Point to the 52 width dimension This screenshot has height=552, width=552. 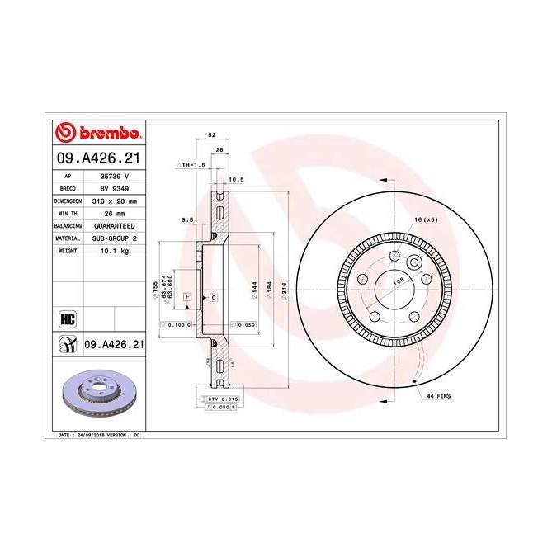click(x=212, y=134)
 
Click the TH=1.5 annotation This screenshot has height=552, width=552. click(x=193, y=165)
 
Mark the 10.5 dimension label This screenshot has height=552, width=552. click(x=236, y=179)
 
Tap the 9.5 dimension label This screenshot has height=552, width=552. click(x=186, y=220)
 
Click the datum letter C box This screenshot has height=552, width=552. click(x=213, y=296)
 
